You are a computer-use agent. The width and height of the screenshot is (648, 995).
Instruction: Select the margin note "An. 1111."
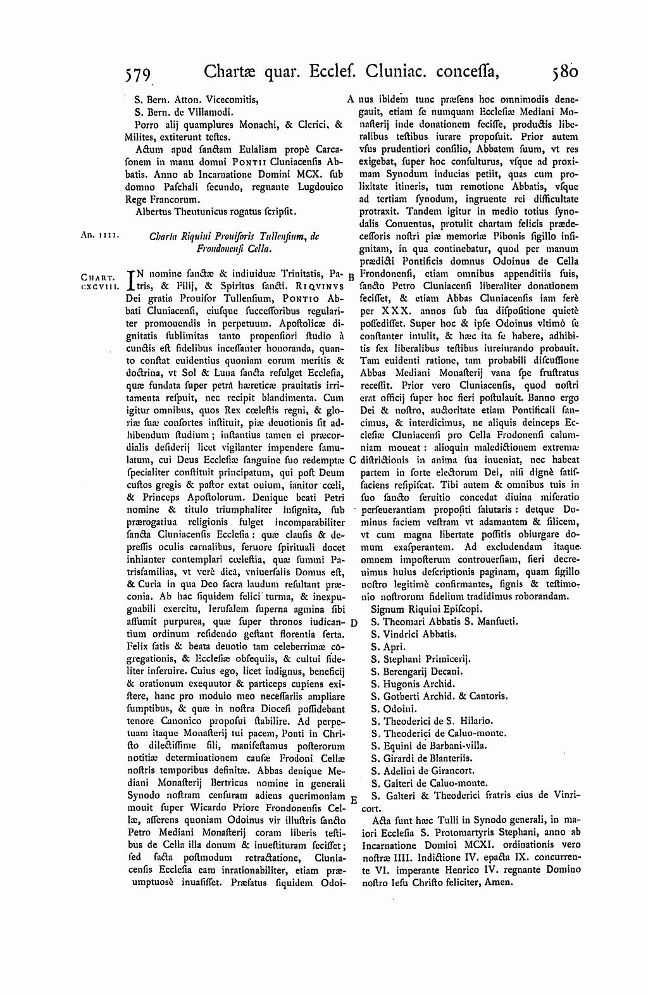click(96, 234)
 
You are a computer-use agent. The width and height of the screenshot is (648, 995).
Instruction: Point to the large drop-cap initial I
click(132, 280)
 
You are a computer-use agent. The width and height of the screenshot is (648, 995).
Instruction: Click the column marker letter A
click(350, 99)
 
